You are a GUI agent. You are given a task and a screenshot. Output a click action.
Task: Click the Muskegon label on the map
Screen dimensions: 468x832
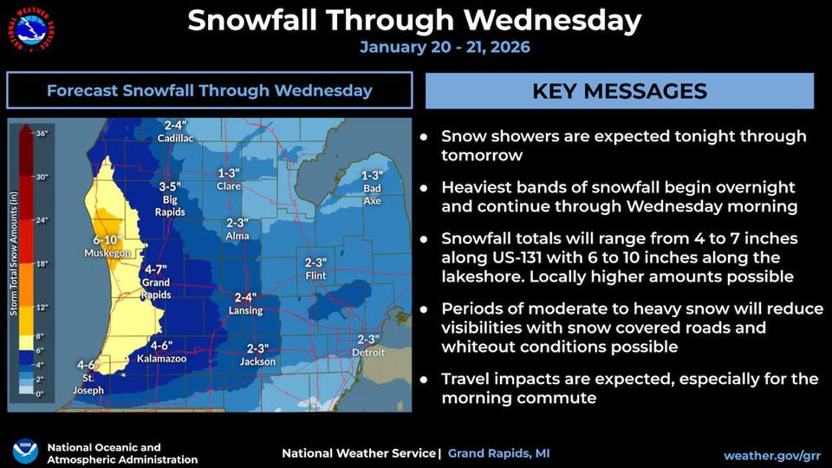(107, 253)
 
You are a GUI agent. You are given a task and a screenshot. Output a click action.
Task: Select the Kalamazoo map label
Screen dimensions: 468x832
(162, 358)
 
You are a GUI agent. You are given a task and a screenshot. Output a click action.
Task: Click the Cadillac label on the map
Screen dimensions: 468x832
(176, 139)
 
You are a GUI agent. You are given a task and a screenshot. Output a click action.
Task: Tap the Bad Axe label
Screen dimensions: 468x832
(372, 188)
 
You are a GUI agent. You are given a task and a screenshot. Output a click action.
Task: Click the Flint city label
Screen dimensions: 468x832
(316, 276)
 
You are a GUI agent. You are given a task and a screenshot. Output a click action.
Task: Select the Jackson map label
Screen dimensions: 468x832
(257, 361)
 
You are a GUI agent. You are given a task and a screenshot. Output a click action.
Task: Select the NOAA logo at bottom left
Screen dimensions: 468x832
(25, 452)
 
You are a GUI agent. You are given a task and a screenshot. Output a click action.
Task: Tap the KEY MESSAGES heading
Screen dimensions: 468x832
(619, 91)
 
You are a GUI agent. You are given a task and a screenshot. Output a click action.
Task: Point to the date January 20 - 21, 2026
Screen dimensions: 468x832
(445, 47)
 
